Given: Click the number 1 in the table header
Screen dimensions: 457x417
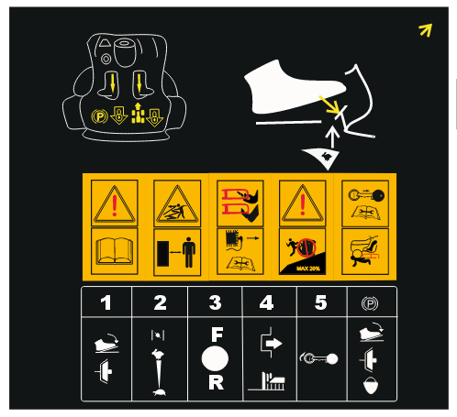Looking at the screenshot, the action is click(106, 302).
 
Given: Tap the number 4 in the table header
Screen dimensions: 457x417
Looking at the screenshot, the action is click(266, 302).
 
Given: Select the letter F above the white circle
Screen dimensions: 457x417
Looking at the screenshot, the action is click(217, 335).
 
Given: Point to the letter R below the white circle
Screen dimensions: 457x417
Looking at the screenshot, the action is click(217, 382).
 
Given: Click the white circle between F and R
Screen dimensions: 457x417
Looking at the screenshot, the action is click(215, 358).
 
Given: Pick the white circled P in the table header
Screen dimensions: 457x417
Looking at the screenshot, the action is click(370, 303).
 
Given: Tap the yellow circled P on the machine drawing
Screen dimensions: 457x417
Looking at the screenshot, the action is click(99, 116).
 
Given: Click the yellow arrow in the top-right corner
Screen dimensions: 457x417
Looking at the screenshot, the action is click(426, 30).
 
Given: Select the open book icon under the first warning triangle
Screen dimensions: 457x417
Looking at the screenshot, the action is click(115, 251).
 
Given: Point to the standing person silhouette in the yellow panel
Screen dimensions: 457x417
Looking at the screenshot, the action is click(189, 252).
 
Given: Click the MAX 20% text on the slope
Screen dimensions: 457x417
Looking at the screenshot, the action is click(308, 269).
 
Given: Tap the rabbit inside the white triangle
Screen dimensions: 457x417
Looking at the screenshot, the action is click(327, 156).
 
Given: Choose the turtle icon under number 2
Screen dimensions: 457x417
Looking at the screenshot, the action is click(160, 392).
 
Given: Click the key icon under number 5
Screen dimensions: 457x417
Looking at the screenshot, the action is click(318, 358).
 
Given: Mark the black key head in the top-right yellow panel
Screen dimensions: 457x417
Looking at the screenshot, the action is click(378, 195).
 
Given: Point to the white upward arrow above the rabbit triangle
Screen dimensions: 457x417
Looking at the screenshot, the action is click(332, 137).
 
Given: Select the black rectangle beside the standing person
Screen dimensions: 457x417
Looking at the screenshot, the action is click(162, 253).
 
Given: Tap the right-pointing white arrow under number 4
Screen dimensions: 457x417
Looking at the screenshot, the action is click(273, 344).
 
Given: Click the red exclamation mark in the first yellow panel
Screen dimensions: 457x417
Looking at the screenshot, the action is click(115, 205).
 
